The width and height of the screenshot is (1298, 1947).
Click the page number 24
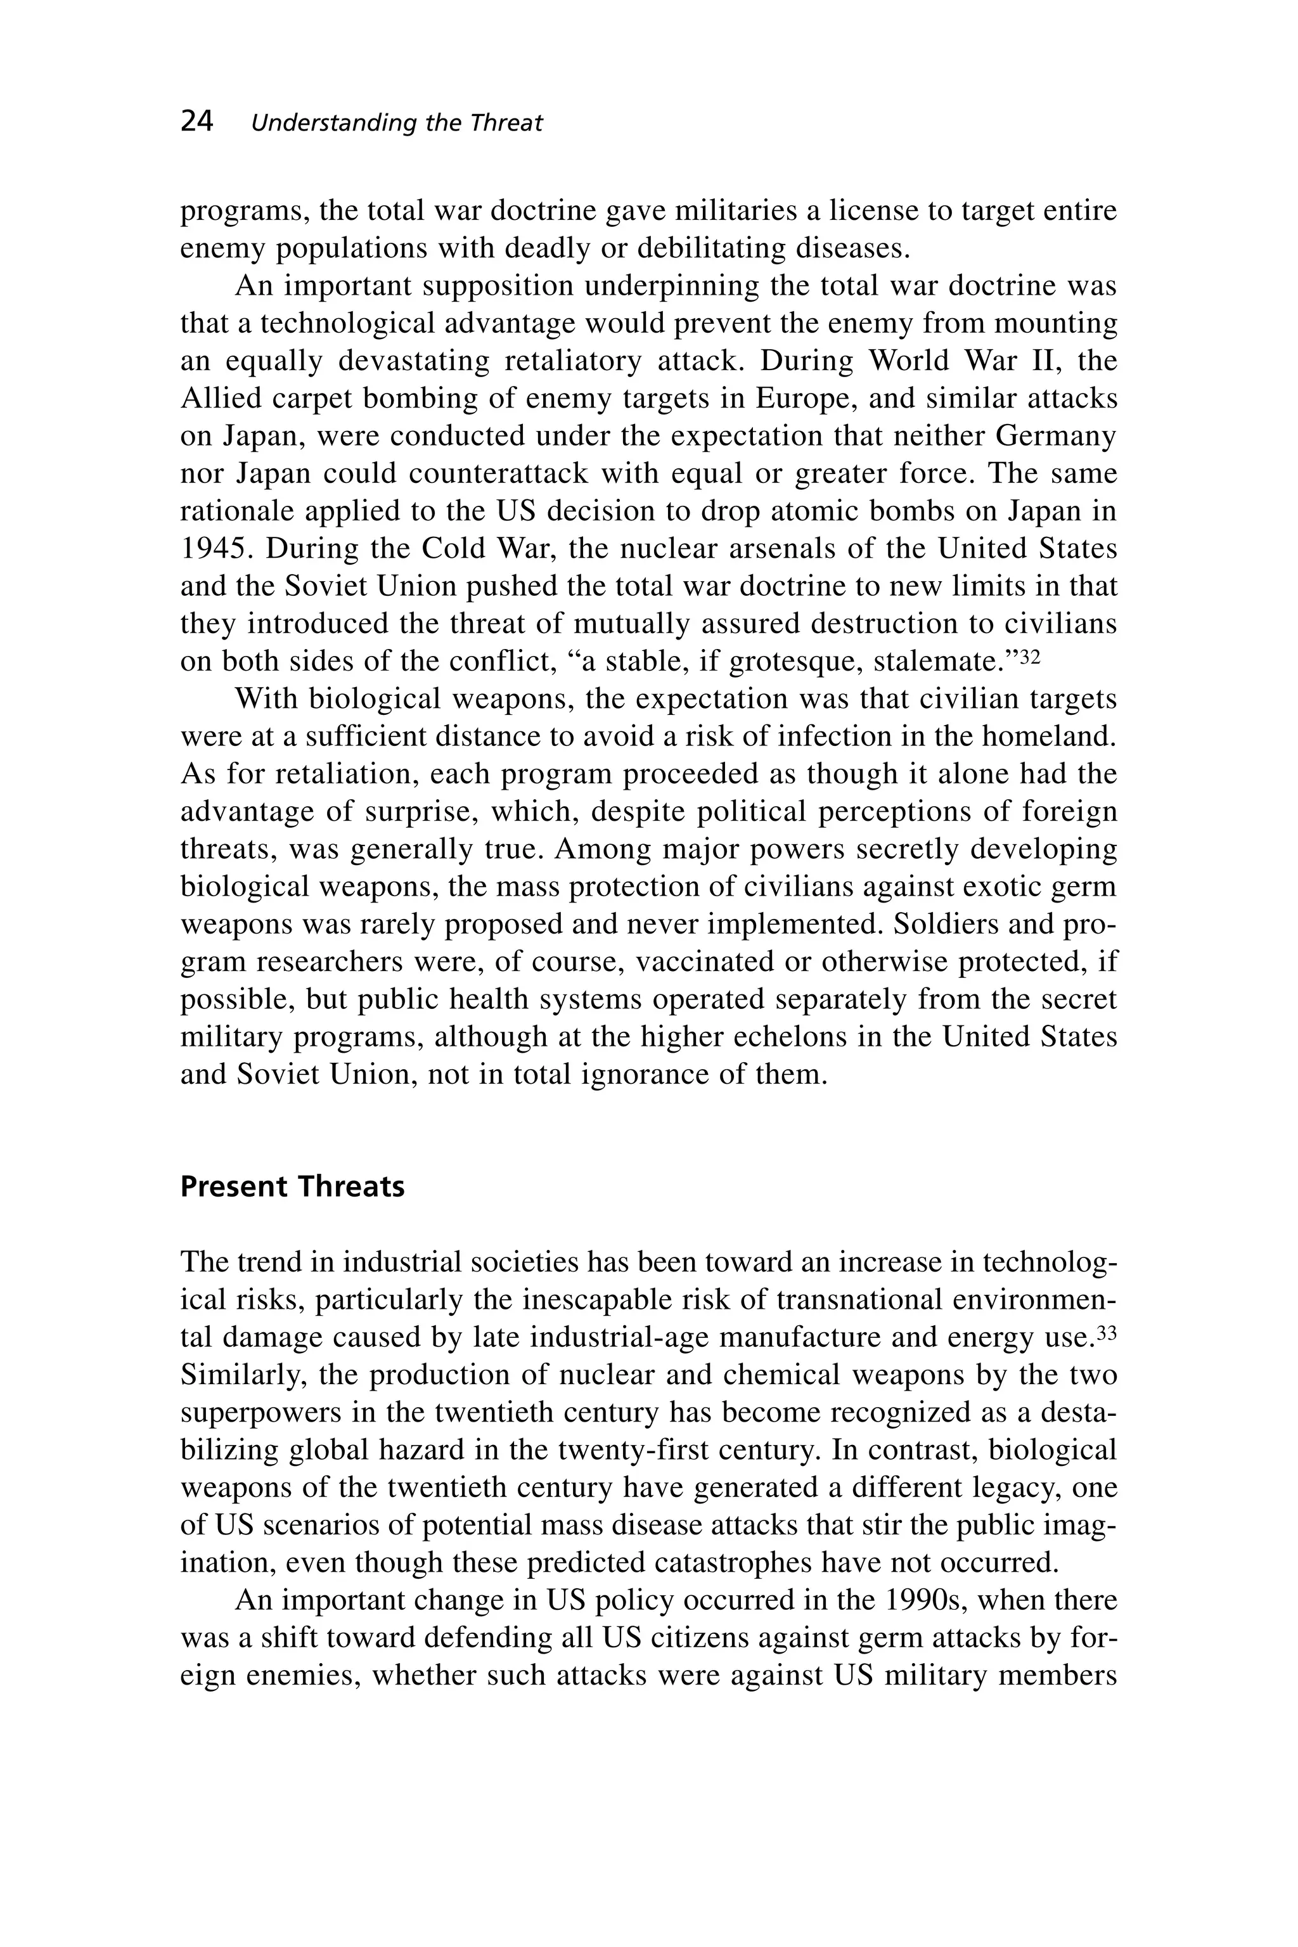tap(197, 122)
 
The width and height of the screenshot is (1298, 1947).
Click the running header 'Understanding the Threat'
tap(397, 124)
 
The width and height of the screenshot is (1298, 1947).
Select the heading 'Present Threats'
tap(292, 1186)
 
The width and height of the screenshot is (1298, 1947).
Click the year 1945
tap(214, 549)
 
